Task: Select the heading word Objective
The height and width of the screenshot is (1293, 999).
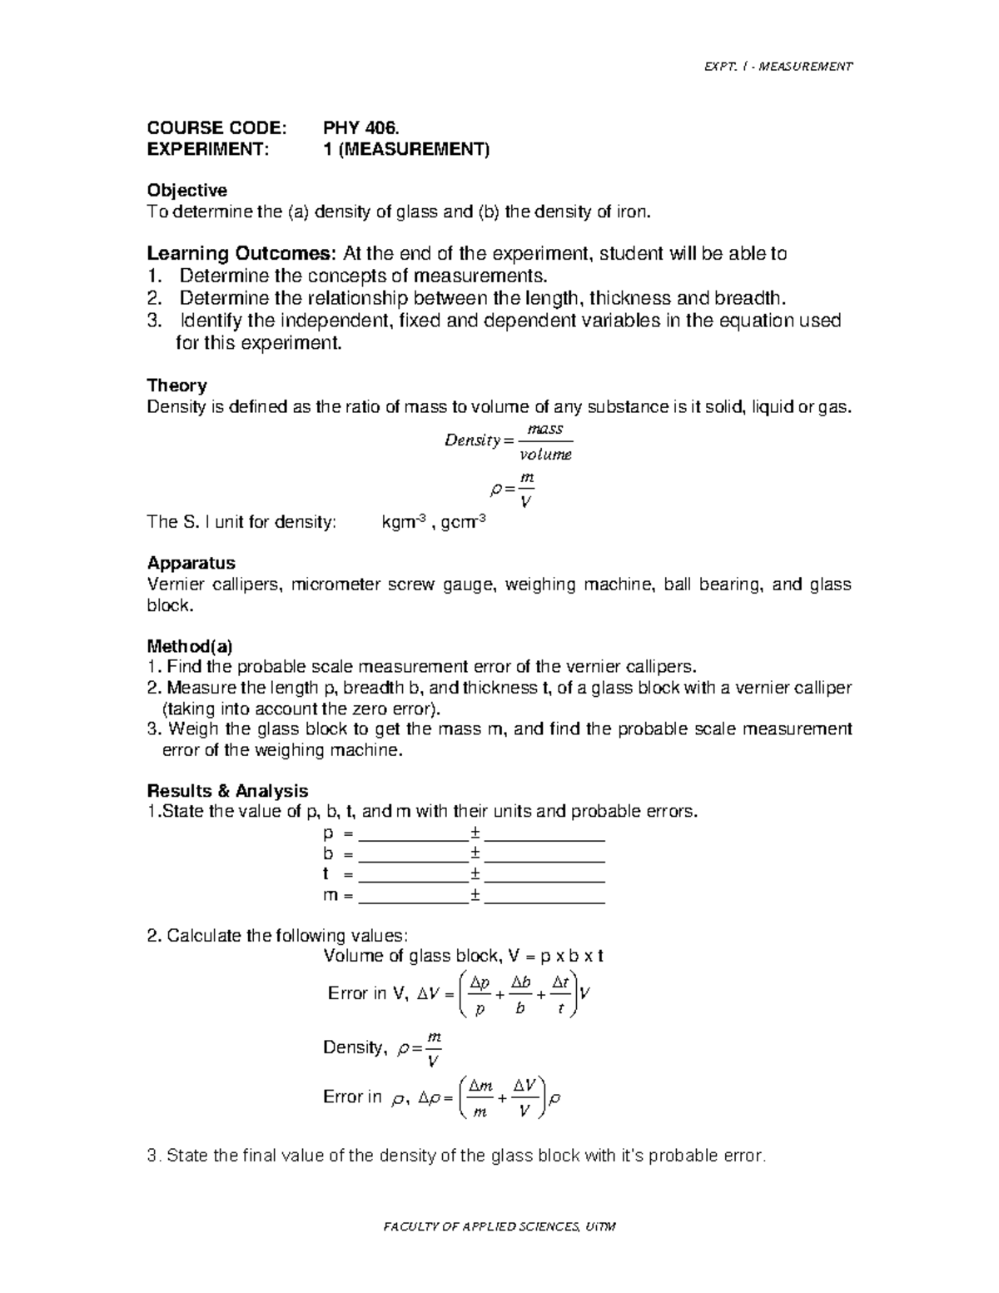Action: pos(186,191)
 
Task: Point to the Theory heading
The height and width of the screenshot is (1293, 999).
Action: pos(176,385)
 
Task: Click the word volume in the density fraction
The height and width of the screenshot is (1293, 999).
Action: pos(545,455)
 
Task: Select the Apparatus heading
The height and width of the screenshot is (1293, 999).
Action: pos(191,563)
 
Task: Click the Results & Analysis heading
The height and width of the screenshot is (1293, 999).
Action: pos(227,791)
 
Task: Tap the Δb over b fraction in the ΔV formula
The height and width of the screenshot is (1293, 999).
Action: pos(520,996)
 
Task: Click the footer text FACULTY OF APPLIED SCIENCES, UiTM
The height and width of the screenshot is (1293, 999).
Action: pos(499,1226)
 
